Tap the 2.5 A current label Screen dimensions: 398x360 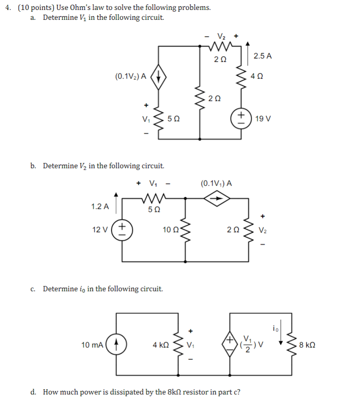[263, 56]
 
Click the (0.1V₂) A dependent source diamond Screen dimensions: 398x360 [159, 77]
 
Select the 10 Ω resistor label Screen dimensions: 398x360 [169, 230]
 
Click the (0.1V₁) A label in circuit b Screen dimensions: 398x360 [217, 184]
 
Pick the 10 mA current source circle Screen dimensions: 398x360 [117, 345]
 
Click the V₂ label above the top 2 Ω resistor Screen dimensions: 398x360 [221, 36]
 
